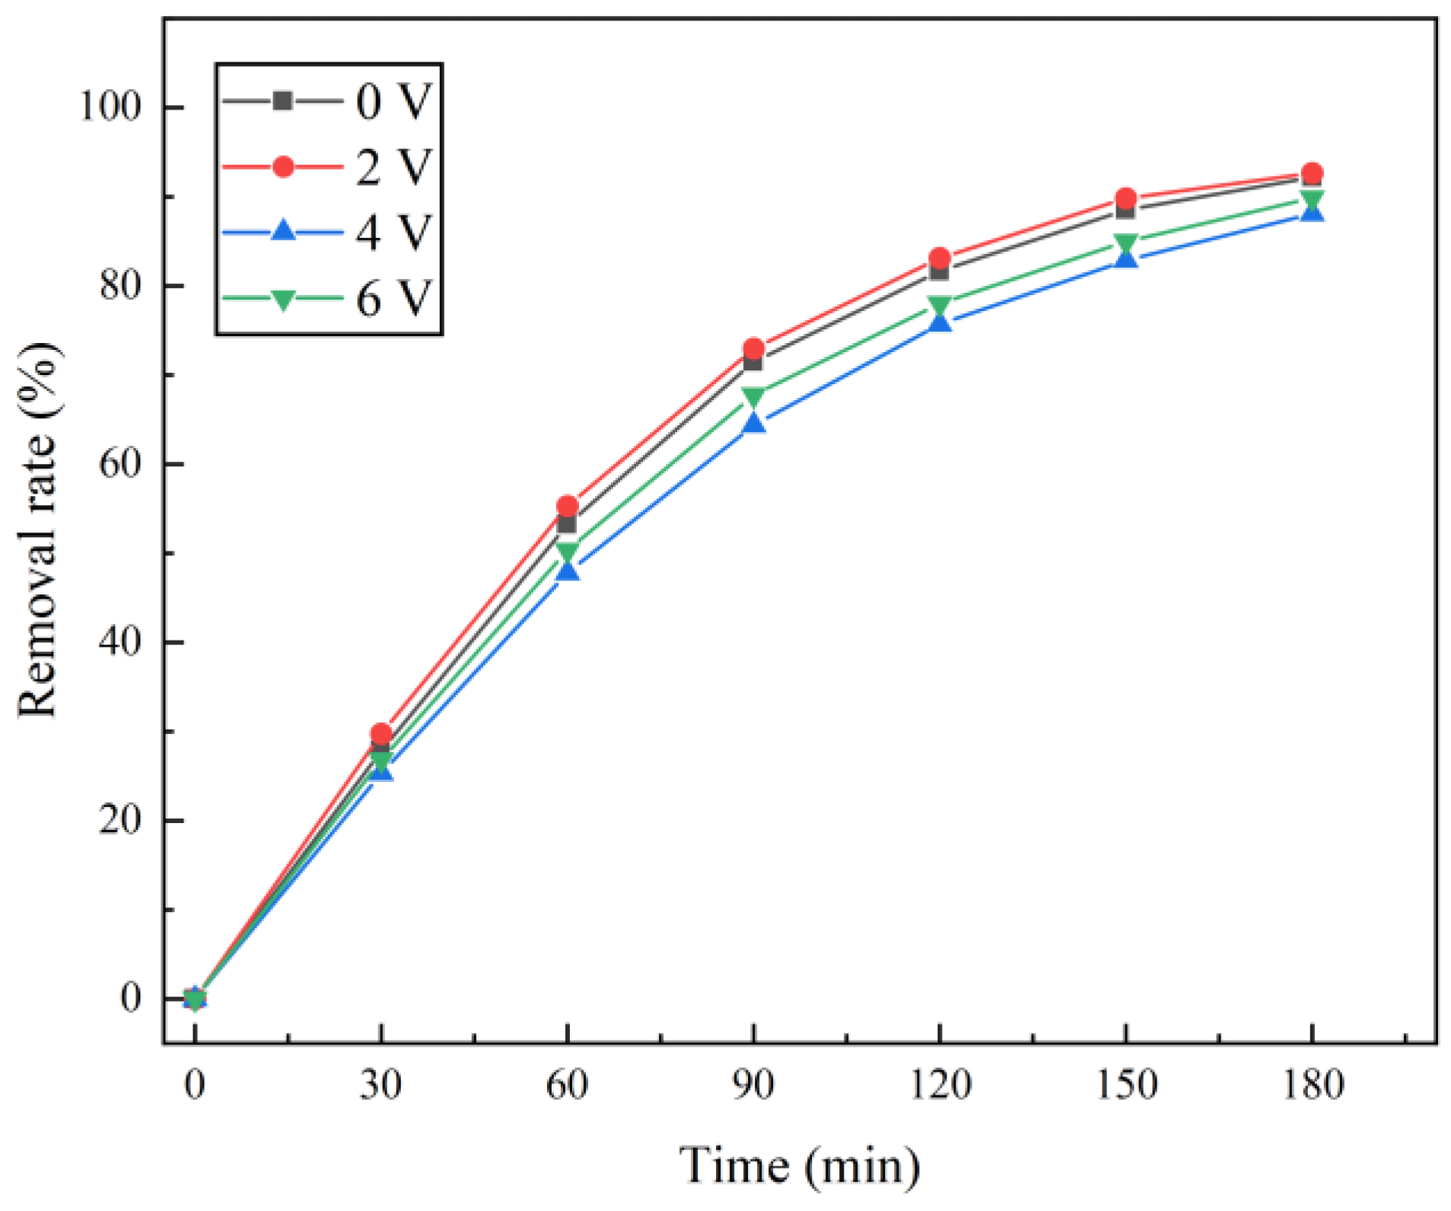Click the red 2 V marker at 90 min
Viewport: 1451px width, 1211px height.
point(753,349)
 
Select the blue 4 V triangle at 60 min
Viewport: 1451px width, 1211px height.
point(568,571)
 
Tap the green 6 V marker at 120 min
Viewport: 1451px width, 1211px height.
point(940,306)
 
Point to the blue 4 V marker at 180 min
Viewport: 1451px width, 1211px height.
point(1312,212)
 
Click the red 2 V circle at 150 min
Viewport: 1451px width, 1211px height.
point(1125,199)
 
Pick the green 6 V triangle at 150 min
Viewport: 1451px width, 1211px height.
point(1125,243)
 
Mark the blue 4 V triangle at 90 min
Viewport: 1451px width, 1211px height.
point(753,423)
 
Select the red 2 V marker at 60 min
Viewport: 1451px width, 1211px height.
point(568,506)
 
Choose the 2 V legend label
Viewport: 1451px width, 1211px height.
point(393,167)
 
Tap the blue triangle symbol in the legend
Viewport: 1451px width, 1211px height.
point(283,230)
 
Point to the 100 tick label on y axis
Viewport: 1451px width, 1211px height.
point(111,107)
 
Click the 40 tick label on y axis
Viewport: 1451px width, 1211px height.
point(120,642)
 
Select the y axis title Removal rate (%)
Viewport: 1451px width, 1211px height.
point(38,530)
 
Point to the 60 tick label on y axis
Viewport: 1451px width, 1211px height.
point(120,463)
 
